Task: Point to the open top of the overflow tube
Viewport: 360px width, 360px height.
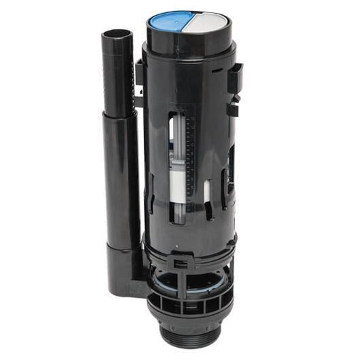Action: pyautogui.click(x=118, y=35)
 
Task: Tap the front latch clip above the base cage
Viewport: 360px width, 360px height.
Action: pyautogui.click(x=182, y=262)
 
